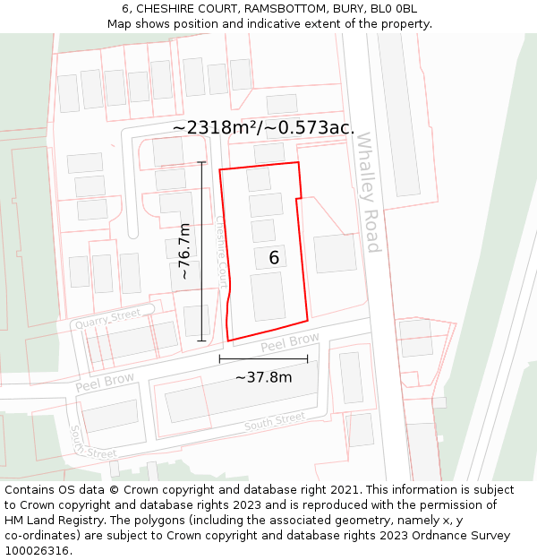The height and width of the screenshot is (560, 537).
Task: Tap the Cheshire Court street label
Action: click(x=221, y=252)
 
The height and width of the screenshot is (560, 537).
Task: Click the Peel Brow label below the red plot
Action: click(x=290, y=342)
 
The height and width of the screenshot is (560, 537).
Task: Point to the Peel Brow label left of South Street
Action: click(x=105, y=382)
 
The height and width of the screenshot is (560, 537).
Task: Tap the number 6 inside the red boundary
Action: click(x=274, y=258)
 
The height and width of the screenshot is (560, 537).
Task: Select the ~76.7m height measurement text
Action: click(x=184, y=252)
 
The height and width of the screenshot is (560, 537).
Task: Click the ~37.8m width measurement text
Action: click(x=264, y=377)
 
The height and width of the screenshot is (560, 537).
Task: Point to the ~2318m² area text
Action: click(x=217, y=128)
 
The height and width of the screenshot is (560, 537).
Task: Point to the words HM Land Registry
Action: click(x=50, y=521)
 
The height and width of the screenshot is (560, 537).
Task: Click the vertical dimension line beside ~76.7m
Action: click(x=201, y=251)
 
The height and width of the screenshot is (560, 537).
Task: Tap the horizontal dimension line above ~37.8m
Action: click(x=263, y=359)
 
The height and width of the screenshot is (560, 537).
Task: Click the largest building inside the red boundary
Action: click(x=268, y=297)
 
